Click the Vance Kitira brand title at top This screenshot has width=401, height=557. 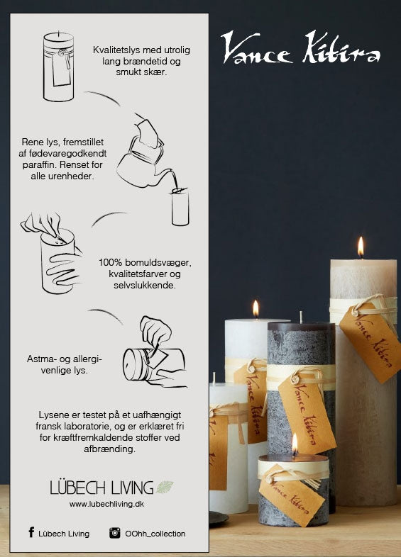tap(300, 47)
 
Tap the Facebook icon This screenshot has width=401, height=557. tap(31, 532)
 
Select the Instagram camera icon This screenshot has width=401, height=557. tap(114, 533)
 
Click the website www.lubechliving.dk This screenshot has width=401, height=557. tap(106, 504)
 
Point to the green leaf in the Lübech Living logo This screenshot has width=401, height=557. tap(165, 487)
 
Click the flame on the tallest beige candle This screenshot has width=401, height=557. tap(361, 246)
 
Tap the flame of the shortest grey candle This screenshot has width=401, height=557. tap(295, 444)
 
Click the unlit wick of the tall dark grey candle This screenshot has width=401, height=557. tap(302, 317)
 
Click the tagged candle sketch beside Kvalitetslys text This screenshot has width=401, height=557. tap(59, 67)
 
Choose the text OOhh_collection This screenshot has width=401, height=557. tap(155, 534)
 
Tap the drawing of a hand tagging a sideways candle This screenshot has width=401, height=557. tap(155, 351)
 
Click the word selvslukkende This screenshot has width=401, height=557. tap(145, 286)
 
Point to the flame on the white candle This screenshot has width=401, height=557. tap(256, 308)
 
